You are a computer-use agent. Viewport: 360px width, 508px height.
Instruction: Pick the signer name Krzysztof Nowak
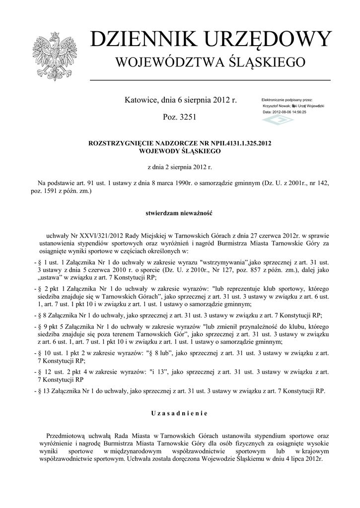click(277, 106)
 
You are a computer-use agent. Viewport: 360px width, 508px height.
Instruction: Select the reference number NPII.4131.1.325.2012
click(238, 142)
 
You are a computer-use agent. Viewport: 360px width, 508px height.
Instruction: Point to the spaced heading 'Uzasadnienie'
click(180, 413)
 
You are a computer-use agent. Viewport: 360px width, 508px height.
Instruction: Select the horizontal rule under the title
click(210, 79)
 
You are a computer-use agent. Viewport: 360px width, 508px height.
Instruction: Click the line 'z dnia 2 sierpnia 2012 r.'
click(180, 168)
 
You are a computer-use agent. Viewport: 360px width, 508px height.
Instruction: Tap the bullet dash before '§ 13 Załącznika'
click(33, 390)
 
